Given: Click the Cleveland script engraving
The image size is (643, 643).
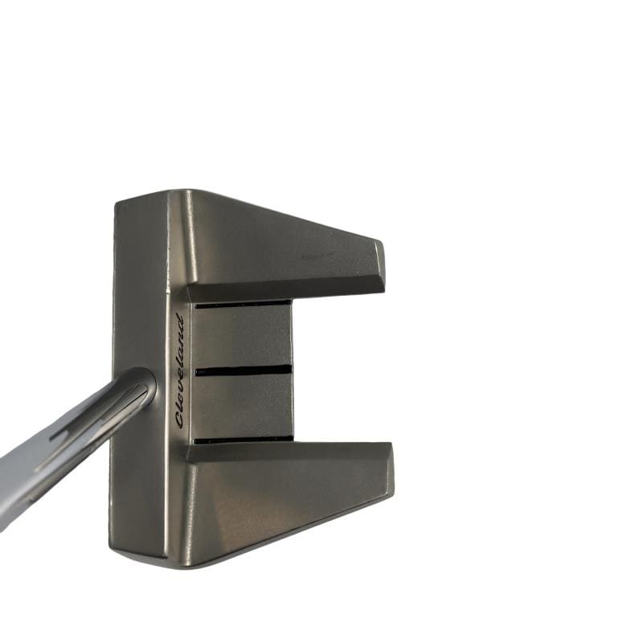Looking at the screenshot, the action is tap(179, 371).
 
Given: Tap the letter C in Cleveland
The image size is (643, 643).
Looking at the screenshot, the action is tap(179, 420).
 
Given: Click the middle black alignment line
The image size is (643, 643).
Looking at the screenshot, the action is tap(244, 371).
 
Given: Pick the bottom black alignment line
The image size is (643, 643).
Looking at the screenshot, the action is tap(245, 440).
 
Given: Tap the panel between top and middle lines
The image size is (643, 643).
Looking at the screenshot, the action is tap(242, 337).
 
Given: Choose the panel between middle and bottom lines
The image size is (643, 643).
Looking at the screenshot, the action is tap(243, 406).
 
